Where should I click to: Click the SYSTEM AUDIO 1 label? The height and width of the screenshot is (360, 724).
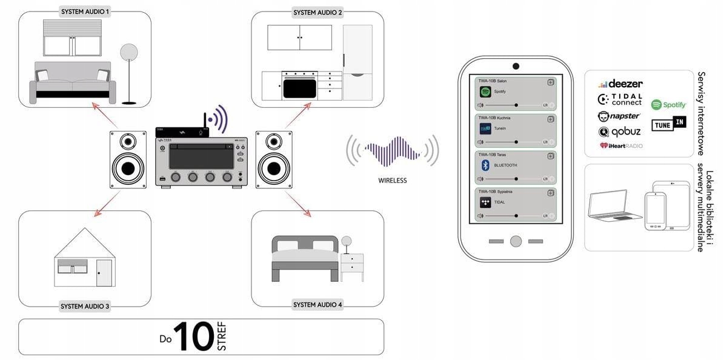(x=85, y=12)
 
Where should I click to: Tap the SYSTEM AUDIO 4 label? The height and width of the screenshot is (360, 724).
(x=317, y=304)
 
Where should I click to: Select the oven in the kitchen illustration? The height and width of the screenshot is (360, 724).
(x=299, y=85)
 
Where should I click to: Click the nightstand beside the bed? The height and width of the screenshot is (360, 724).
(x=352, y=267)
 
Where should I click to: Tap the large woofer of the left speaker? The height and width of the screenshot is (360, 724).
(x=128, y=168)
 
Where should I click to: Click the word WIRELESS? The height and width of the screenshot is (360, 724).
(x=392, y=180)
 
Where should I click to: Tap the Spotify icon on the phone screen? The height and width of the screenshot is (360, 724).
(x=485, y=92)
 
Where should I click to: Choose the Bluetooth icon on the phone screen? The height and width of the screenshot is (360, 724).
(x=485, y=165)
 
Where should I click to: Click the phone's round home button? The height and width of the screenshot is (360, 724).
(x=516, y=241)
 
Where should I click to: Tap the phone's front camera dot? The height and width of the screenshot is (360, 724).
(x=516, y=66)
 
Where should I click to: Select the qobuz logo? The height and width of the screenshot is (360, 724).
(x=619, y=132)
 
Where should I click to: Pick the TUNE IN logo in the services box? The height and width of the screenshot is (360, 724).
(x=668, y=124)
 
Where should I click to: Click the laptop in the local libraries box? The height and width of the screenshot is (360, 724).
(x=614, y=207)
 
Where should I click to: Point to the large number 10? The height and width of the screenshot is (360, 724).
(x=193, y=336)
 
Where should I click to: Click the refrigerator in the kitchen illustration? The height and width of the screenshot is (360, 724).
(x=357, y=62)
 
